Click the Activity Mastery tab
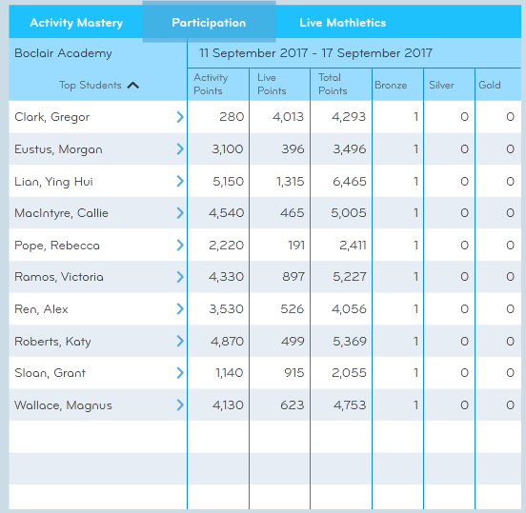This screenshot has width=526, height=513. (x=76, y=23)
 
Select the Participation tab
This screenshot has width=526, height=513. (x=209, y=23)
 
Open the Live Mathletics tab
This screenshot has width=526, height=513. (x=342, y=23)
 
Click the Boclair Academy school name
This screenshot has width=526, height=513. (x=63, y=53)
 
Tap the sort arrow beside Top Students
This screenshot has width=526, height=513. (x=133, y=86)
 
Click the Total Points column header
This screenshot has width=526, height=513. (x=333, y=84)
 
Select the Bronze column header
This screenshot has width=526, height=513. (x=391, y=85)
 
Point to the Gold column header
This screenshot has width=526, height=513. (x=490, y=85)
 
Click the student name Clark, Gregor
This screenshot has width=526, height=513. (x=52, y=117)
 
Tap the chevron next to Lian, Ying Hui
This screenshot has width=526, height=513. (x=180, y=181)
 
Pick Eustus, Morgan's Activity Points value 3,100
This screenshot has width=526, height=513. (x=228, y=149)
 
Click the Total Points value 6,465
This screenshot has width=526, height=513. (x=349, y=182)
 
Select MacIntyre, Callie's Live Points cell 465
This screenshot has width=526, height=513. (x=293, y=213)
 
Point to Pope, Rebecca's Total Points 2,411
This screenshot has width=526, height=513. (x=353, y=246)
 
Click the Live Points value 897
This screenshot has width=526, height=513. (x=293, y=276)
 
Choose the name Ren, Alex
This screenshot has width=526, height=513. (x=41, y=309)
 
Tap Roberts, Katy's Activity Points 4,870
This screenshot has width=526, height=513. (x=227, y=341)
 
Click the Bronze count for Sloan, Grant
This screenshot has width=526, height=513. (x=416, y=372)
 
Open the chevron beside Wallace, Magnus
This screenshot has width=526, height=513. (x=180, y=404)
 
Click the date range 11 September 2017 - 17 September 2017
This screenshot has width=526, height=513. (x=315, y=53)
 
